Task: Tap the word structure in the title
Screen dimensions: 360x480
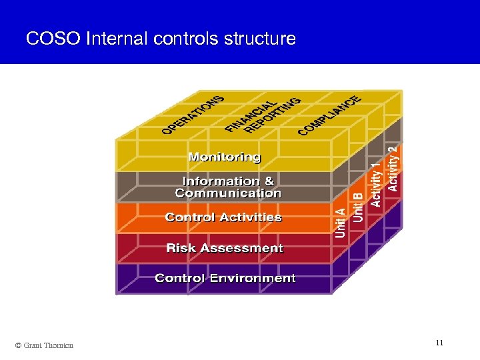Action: tap(259, 39)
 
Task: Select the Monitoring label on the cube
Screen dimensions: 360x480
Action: tap(225, 157)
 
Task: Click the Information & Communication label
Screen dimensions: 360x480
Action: tap(228, 187)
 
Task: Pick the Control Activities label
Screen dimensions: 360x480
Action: tap(223, 217)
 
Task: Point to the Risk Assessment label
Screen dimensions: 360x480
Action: tap(225, 248)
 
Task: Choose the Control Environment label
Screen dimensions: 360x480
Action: tap(225, 278)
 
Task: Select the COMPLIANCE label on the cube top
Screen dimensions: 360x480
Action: tap(329, 114)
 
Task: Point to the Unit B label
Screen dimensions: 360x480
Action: tap(358, 207)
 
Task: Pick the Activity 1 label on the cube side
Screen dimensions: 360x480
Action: tap(376, 181)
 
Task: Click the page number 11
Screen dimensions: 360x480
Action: tap(439, 343)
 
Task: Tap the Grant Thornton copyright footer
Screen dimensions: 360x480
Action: tap(44, 345)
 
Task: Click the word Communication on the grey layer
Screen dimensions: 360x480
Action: tap(228, 193)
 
